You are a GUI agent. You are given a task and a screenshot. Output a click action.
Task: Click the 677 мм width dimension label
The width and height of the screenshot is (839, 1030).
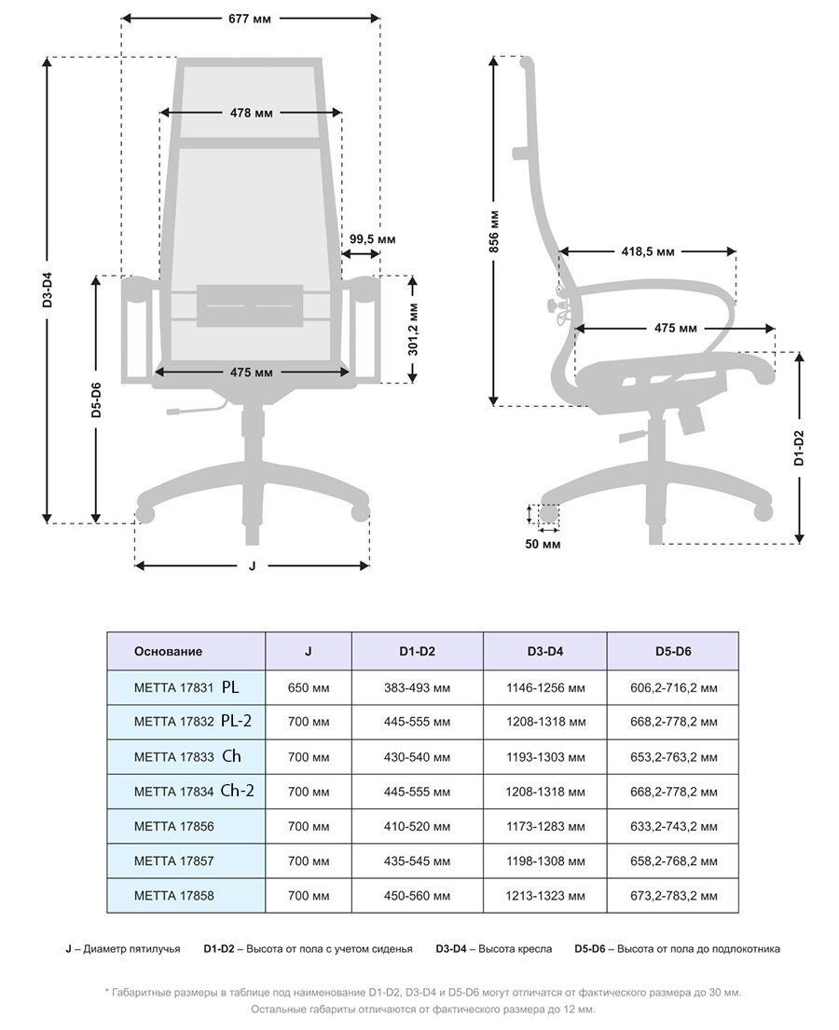pyautogui.click(x=252, y=19)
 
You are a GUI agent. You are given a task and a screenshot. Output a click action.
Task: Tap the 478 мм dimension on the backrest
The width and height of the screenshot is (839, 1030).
pyautogui.click(x=252, y=113)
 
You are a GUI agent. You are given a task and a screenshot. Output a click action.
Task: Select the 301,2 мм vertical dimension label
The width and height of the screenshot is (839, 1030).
pyautogui.click(x=413, y=329)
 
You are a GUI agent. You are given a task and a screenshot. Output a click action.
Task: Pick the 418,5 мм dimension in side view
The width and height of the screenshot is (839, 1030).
pyautogui.click(x=648, y=251)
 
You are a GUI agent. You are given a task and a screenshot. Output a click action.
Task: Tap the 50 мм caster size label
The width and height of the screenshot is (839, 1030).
pyautogui.click(x=543, y=544)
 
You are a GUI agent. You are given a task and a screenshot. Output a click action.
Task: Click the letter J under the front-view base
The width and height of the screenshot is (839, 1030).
pyautogui.click(x=252, y=565)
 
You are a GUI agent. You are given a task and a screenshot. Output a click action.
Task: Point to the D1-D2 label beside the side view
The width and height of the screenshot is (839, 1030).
pyautogui.click(x=799, y=448)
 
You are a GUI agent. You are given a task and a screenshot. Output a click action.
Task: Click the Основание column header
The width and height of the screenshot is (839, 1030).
pyautogui.click(x=168, y=651)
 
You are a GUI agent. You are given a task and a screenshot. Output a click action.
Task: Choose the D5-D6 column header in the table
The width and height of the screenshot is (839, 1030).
pyautogui.click(x=672, y=651)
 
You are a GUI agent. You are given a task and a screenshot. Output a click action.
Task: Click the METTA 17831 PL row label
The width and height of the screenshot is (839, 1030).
pyautogui.click(x=186, y=687)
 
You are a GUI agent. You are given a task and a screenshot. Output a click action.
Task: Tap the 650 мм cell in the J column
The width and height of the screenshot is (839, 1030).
pyautogui.click(x=309, y=687)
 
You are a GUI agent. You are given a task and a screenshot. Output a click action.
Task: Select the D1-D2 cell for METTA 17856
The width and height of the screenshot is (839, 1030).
pyautogui.click(x=417, y=826)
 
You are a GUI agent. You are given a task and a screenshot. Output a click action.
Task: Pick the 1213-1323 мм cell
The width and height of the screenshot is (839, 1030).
pyautogui.click(x=544, y=896)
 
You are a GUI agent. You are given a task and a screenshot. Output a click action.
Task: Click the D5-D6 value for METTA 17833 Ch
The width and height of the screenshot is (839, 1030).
pyautogui.click(x=672, y=757)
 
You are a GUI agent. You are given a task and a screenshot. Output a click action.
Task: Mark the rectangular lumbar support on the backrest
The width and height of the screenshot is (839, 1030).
pyautogui.click(x=250, y=305)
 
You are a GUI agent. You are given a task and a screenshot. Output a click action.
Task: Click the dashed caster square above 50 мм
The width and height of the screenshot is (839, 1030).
pyautogui.click(x=547, y=513)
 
